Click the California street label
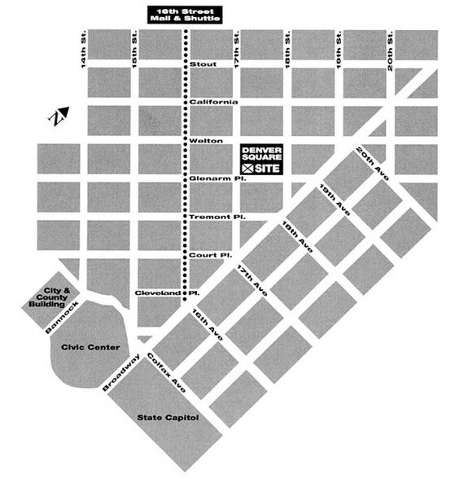click(x=213, y=101)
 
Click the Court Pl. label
click(x=208, y=254)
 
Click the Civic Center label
click(x=90, y=346)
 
